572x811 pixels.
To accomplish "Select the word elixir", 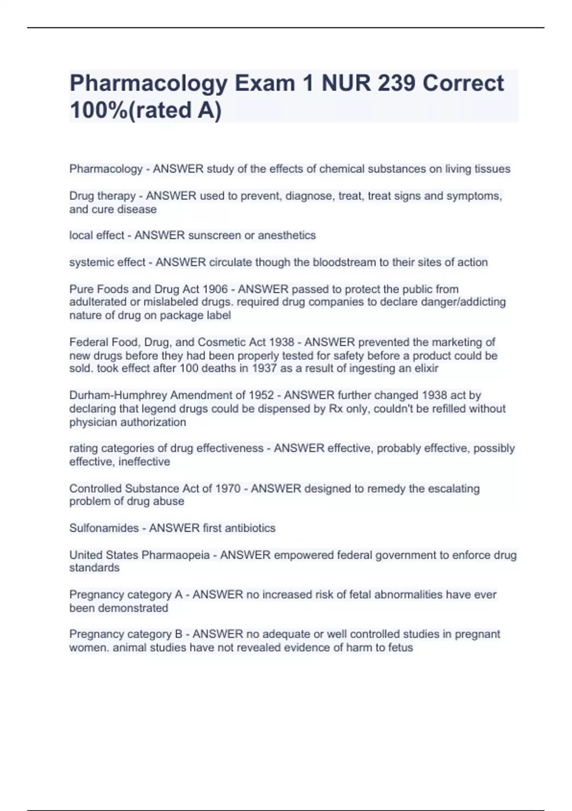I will pyautogui.click(x=426, y=368).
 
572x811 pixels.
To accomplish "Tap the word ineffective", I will pyautogui.click(x=143, y=462).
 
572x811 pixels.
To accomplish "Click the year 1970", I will pyautogui.click(x=228, y=489).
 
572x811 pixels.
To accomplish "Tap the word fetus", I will pyautogui.click(x=400, y=648).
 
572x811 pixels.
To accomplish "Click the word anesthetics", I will pyautogui.click(x=287, y=236).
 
